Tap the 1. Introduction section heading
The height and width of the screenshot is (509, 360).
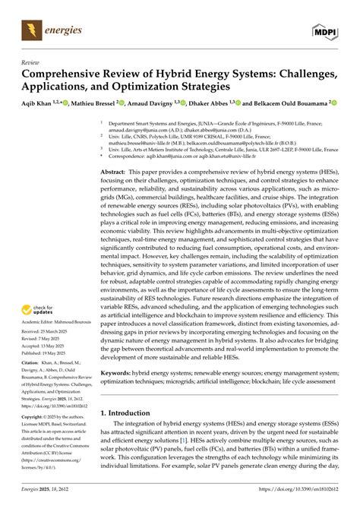pyautogui.click(x=134, y=413)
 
